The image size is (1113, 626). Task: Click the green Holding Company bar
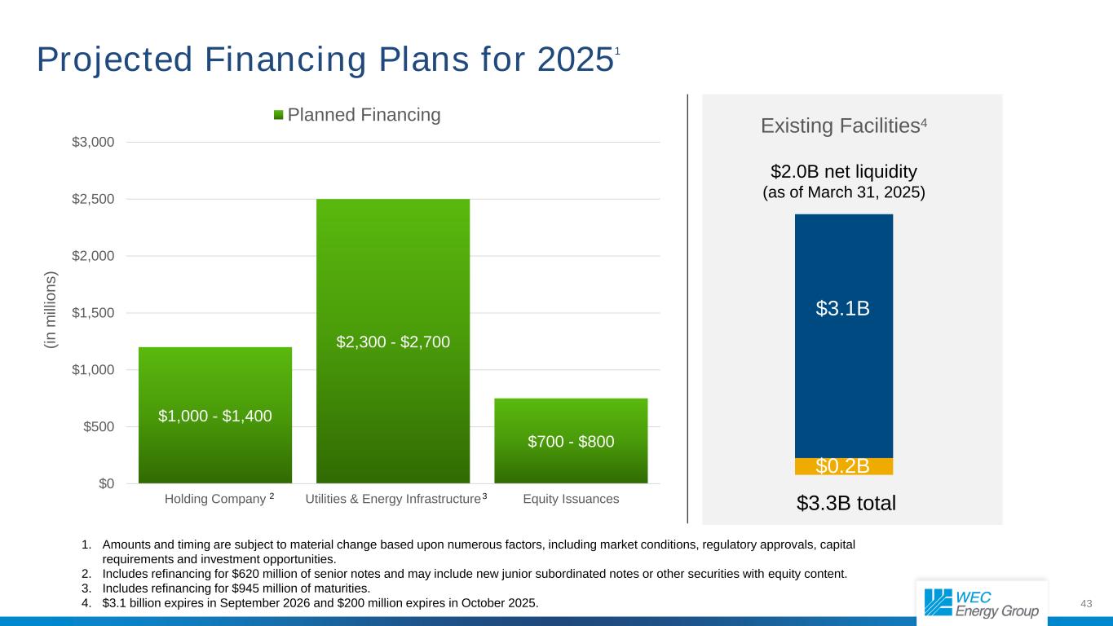(215, 415)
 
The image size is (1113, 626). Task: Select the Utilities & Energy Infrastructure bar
(393, 341)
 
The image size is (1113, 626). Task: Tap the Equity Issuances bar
(571, 441)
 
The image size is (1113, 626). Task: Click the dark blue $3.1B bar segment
(844, 337)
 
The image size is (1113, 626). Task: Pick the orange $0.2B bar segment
(844, 466)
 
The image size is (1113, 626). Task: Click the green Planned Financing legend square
(278, 115)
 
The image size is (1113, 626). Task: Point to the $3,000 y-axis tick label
(93, 142)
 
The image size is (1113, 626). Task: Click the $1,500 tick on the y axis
(93, 313)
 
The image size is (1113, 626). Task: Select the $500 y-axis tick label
(99, 427)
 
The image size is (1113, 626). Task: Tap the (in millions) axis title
(51, 310)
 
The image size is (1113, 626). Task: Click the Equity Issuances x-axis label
(571, 499)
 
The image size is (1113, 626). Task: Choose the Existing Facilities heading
(844, 126)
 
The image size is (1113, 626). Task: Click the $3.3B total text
(846, 503)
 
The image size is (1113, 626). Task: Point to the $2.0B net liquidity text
(844, 171)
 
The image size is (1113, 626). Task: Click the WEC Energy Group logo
(982, 604)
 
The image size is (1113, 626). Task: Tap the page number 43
(1086, 604)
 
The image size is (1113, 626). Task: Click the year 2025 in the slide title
(576, 60)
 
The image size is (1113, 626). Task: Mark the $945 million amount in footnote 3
(256, 589)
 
